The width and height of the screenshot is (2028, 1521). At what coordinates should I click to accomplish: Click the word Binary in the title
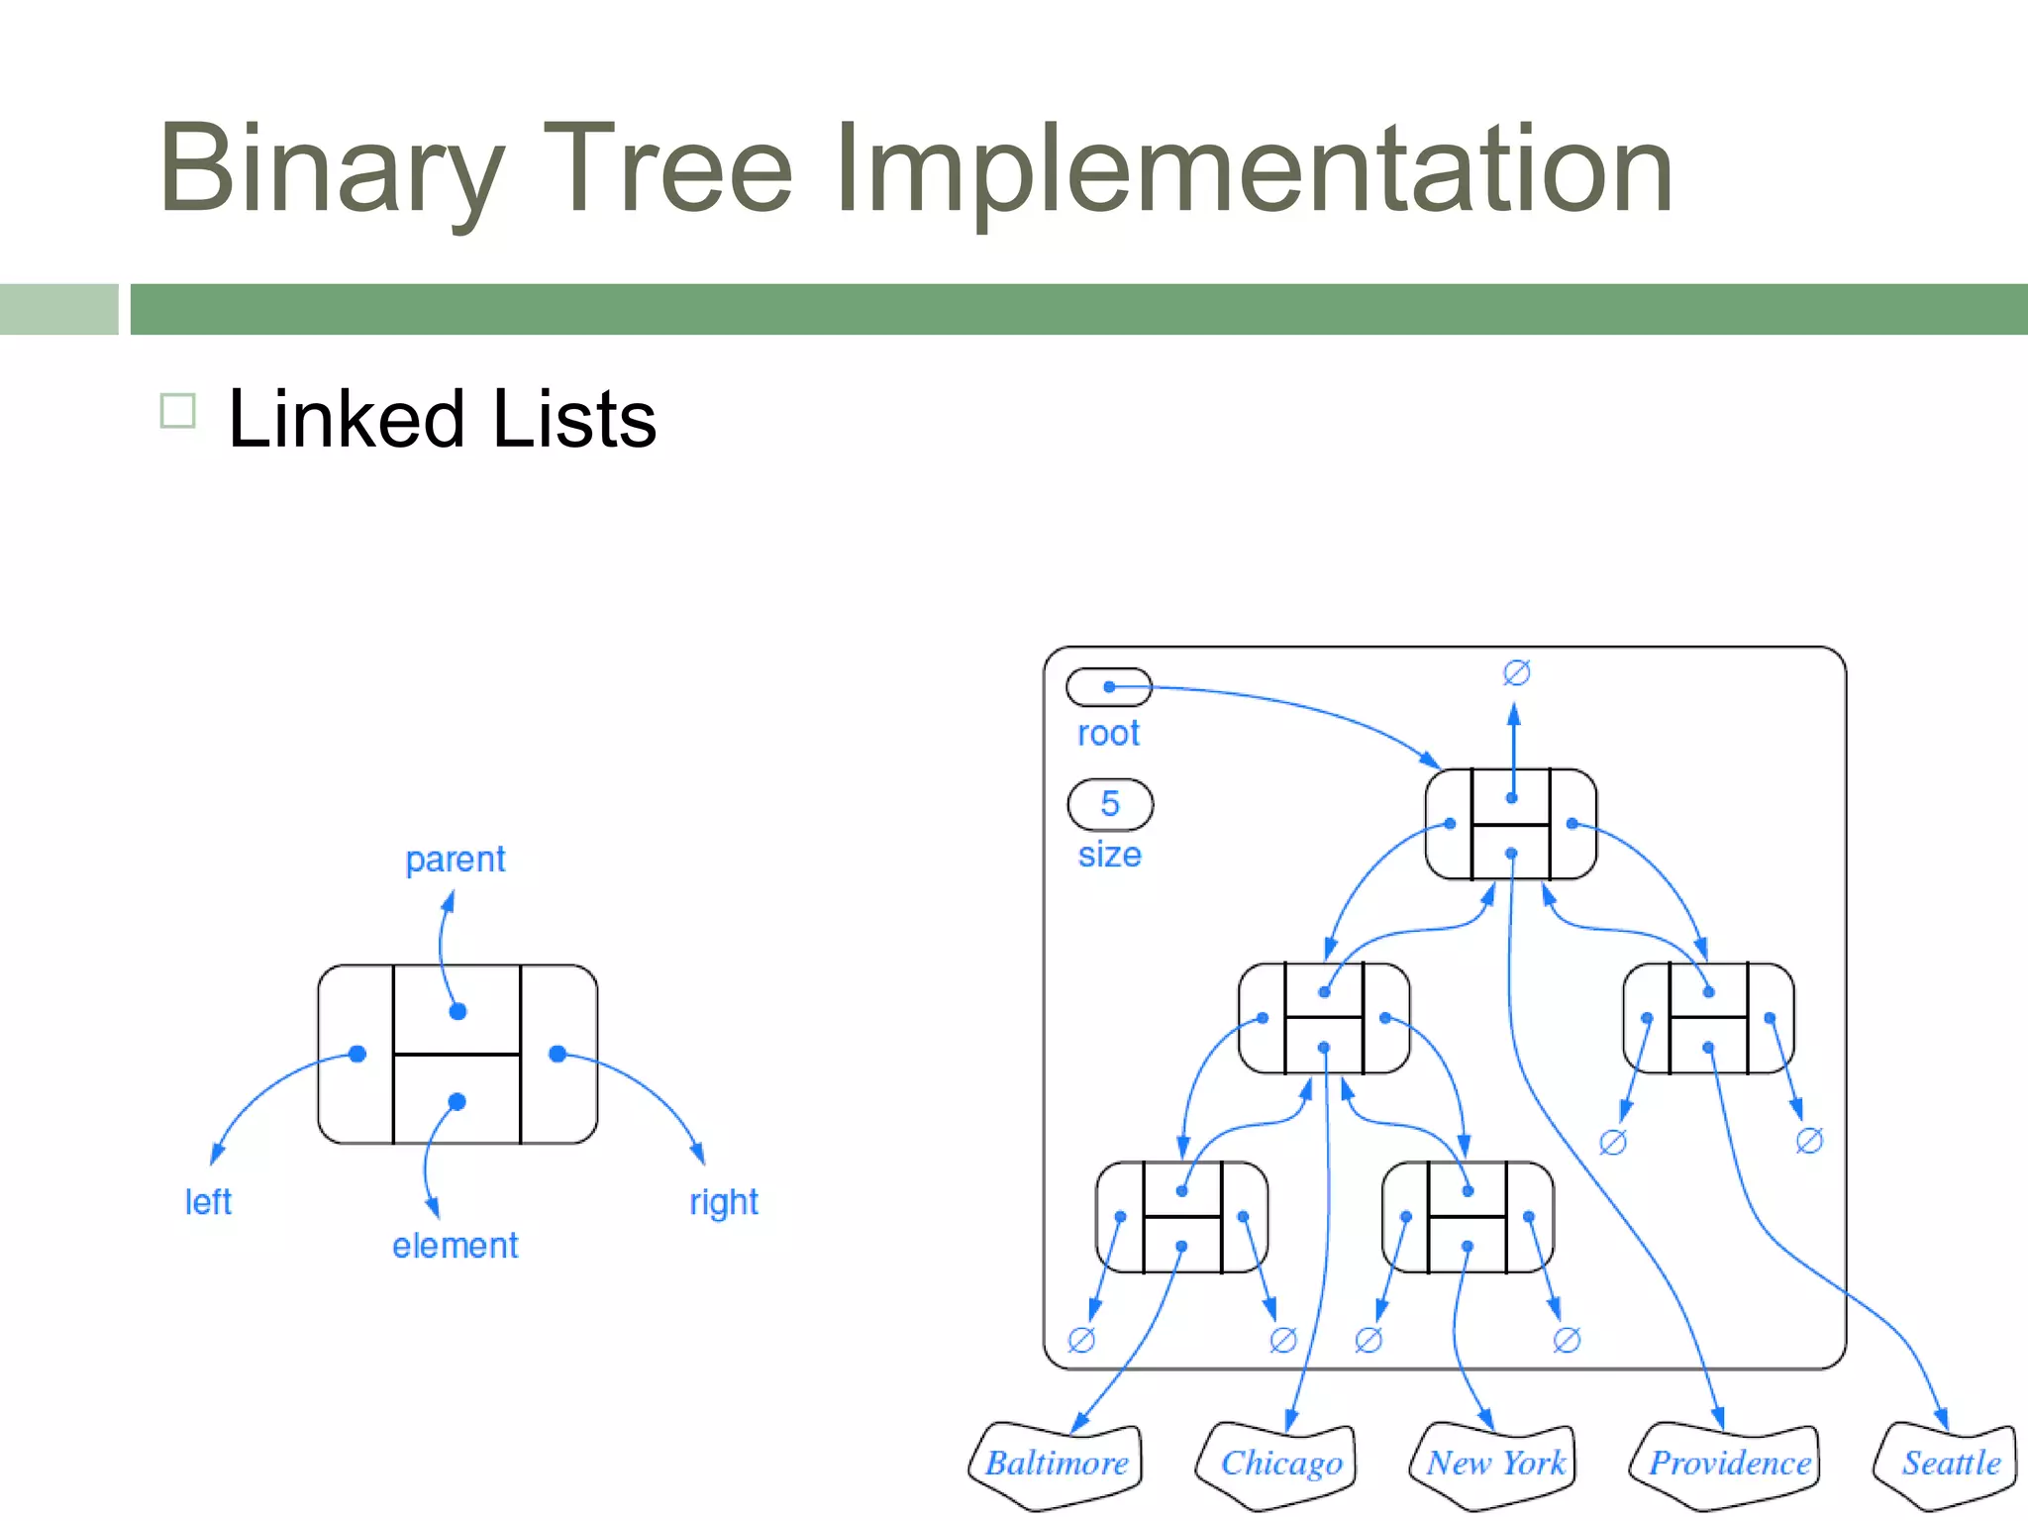(332, 168)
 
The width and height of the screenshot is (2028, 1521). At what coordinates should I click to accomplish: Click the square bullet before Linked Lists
(178, 410)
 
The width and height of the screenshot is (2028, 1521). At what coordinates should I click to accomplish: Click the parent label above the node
(456, 860)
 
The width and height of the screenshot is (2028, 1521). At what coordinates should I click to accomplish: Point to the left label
(208, 1202)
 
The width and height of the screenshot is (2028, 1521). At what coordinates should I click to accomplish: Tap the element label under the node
(455, 1246)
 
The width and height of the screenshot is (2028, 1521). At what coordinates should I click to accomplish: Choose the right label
(724, 1202)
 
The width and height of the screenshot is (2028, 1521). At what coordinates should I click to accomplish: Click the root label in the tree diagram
(1108, 734)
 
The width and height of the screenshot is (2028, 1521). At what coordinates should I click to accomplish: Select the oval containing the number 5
(1110, 804)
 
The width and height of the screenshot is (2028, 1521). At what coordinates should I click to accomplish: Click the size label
(1109, 855)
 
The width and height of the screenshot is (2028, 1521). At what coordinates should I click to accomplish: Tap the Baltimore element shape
(1057, 1464)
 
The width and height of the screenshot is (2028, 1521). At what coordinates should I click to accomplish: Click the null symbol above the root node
(1516, 673)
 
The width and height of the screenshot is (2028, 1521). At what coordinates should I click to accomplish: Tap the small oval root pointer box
(1109, 687)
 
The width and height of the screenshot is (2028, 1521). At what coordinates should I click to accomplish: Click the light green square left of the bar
(58, 309)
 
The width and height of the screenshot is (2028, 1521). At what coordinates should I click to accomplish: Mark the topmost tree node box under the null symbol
(1511, 824)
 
